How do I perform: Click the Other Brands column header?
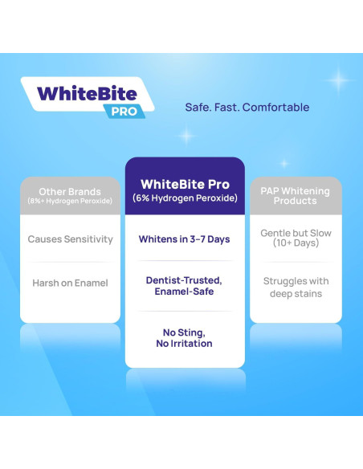click(70, 192)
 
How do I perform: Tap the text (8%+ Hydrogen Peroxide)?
click(70, 201)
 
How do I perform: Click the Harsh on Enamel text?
click(70, 283)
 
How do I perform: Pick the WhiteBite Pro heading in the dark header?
click(185, 185)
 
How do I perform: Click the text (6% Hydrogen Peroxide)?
click(185, 198)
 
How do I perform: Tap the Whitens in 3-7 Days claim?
click(185, 239)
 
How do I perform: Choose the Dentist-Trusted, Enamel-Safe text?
click(185, 286)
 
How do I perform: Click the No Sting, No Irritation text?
click(185, 338)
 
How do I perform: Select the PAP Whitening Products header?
click(295, 196)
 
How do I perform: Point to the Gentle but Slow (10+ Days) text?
click(295, 238)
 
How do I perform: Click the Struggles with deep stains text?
click(295, 288)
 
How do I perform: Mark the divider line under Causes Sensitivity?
click(70, 261)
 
